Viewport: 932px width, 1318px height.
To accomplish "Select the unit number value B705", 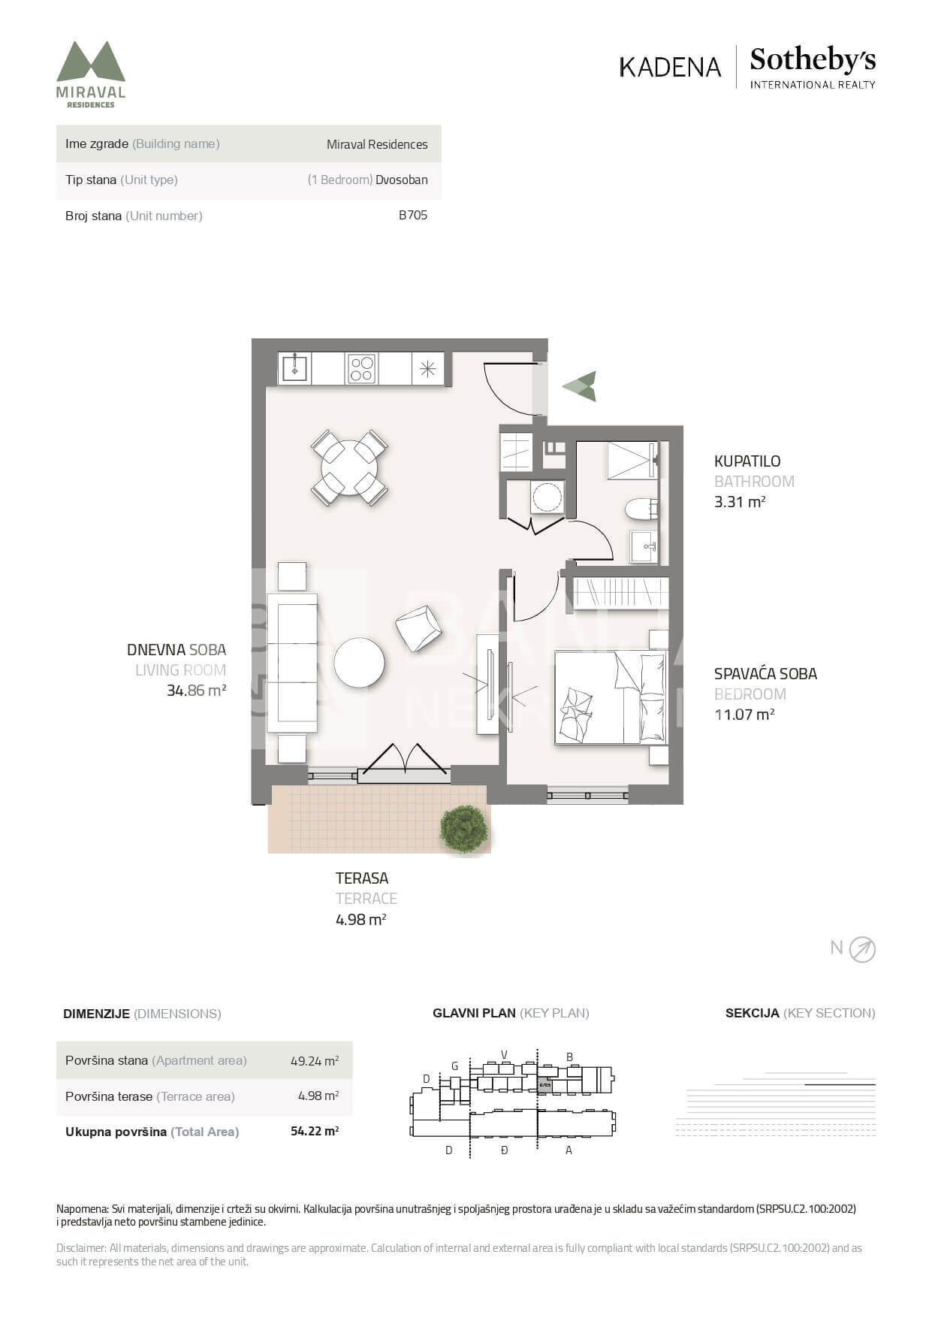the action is point(413,215).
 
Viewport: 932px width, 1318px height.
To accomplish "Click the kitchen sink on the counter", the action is point(294,368).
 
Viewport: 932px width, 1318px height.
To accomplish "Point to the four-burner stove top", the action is point(361,368).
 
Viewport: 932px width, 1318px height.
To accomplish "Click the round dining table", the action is point(349,467).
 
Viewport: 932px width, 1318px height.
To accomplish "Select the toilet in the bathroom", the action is point(641,509).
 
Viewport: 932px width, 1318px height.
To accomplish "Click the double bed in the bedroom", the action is point(611,697).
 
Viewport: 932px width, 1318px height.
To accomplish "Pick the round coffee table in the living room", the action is point(359,663).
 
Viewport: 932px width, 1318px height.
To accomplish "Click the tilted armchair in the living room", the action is point(418,628).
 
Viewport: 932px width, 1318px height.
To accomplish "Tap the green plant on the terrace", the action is point(463,830).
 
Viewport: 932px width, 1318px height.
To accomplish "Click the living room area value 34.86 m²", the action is point(197,691).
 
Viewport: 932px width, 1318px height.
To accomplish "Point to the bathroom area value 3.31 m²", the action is point(740,502).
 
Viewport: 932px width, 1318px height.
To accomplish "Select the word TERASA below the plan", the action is point(362,878).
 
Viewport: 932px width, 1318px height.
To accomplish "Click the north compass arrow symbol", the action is point(862,950).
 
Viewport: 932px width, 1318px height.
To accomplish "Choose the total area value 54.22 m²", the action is point(315,1131).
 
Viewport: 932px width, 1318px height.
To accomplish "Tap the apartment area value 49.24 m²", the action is point(315,1061).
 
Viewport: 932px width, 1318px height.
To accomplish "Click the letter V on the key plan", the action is point(505,1054).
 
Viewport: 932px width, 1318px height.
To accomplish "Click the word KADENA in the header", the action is point(670,67).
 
